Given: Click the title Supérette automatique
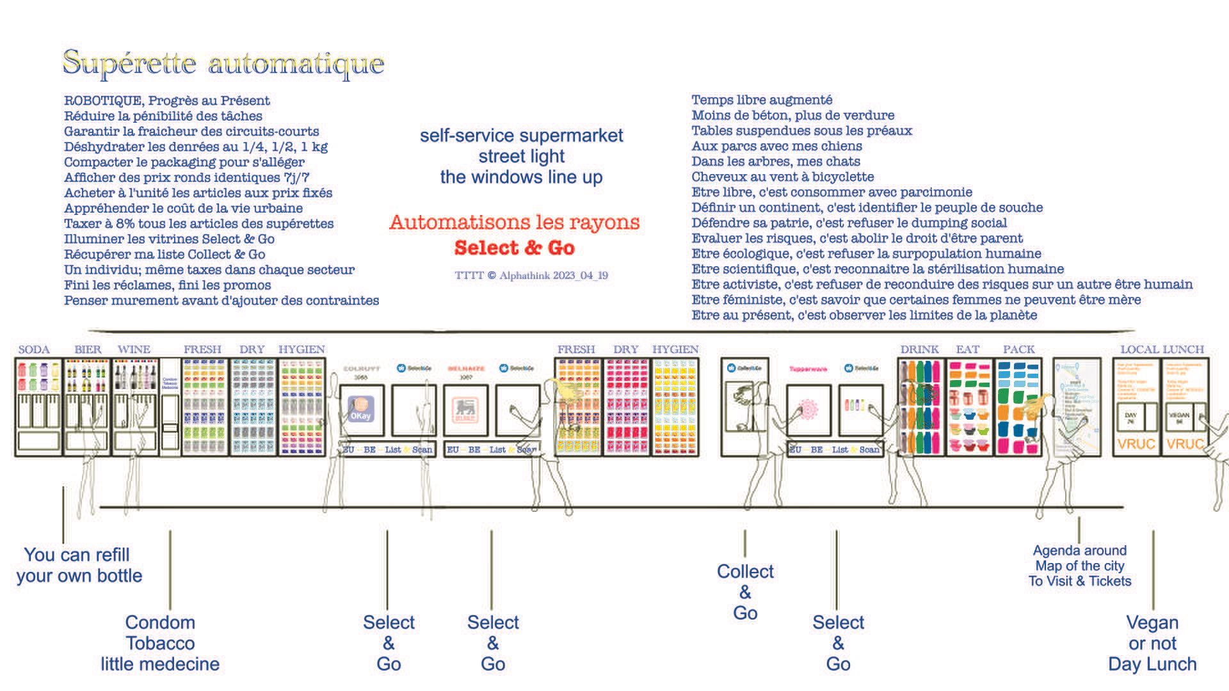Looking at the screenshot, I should pos(223,63).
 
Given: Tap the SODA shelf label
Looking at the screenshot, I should pos(34,349).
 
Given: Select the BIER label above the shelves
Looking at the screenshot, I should pos(88,349).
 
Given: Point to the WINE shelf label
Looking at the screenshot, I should pos(134,349).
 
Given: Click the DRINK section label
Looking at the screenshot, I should pos(919,349).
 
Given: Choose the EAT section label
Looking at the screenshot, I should pos(967,349).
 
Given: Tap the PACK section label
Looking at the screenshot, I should pos(1018,349).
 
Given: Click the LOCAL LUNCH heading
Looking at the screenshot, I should pos(1162,349).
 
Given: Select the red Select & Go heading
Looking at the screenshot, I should pos(514,248).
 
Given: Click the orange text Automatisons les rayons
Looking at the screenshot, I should pos(514,222).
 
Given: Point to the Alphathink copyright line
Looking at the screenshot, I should pos(531,276).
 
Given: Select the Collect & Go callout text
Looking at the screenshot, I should pos(745,592).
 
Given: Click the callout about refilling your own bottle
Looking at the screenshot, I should pos(79,565).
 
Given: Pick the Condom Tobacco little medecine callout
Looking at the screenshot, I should pos(160,643).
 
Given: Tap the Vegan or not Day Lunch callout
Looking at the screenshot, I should pos(1152,643).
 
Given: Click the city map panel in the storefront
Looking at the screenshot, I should pos(1077,406).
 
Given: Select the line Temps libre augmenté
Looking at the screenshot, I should pos(762,100).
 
